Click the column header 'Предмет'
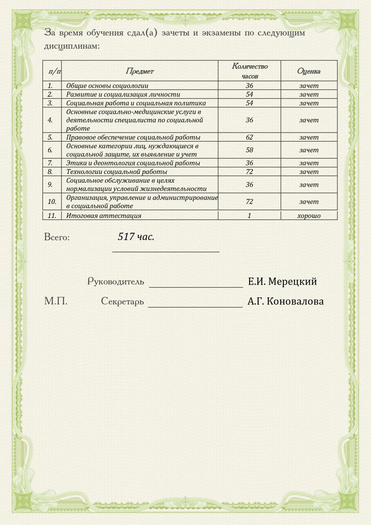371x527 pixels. click(139, 71)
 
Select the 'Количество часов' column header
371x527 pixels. click(250, 71)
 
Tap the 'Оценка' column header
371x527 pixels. click(308, 71)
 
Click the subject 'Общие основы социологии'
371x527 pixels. click(107, 86)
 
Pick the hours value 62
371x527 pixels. click(249, 137)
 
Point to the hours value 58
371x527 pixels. click(249, 150)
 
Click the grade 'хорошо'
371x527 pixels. click(309, 216)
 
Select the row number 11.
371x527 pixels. click(52, 216)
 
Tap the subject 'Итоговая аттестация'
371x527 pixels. click(104, 216)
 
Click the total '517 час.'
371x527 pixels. click(136, 237)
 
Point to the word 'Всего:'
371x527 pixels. click(57, 237)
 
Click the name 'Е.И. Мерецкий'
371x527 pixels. click(282, 281)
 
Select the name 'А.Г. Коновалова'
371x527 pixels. click(286, 301)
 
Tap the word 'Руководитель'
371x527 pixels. click(115, 281)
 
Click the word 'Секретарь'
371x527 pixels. click(122, 301)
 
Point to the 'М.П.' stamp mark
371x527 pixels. click(56, 301)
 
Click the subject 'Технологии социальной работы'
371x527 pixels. click(117, 172)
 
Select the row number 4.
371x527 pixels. click(50, 120)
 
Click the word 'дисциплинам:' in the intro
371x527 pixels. click(72, 46)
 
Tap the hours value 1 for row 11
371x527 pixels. click(249, 216)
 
